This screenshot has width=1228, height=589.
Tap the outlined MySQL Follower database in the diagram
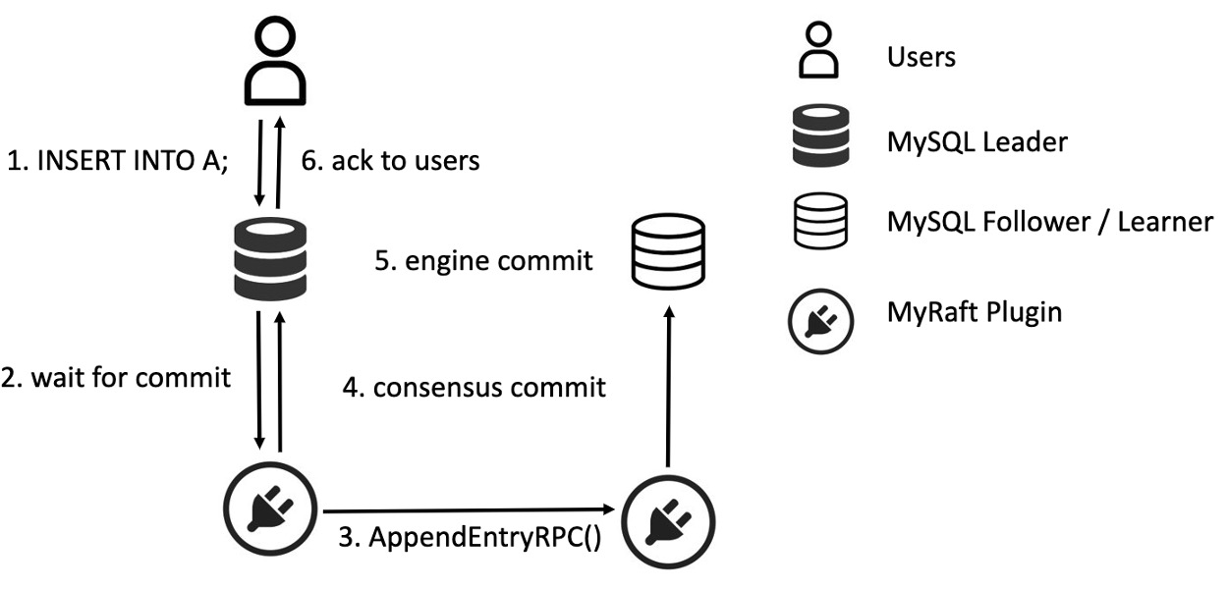pyautogui.click(x=668, y=251)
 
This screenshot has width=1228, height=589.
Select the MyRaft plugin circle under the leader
pyautogui.click(x=269, y=508)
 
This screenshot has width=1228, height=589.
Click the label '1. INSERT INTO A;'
pyautogui.click(x=118, y=162)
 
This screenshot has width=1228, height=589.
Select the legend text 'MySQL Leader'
pyautogui.click(x=977, y=142)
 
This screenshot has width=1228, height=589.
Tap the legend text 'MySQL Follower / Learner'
pyautogui.click(x=1049, y=222)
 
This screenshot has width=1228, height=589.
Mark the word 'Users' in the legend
pyautogui.click(x=921, y=57)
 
